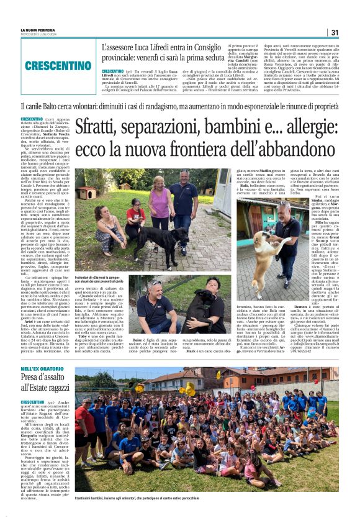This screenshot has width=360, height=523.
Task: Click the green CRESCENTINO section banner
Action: (x=58, y=65)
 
